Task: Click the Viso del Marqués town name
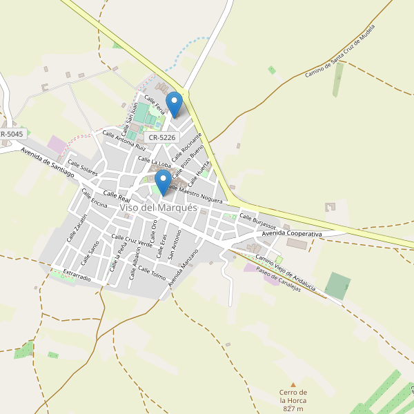158,208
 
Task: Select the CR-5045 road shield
12,134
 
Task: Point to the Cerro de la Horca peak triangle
293,384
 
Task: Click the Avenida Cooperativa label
292,235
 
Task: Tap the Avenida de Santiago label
47,162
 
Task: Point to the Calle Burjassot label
258,222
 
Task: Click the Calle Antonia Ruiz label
124,141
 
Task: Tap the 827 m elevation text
293,409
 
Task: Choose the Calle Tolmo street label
152,273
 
